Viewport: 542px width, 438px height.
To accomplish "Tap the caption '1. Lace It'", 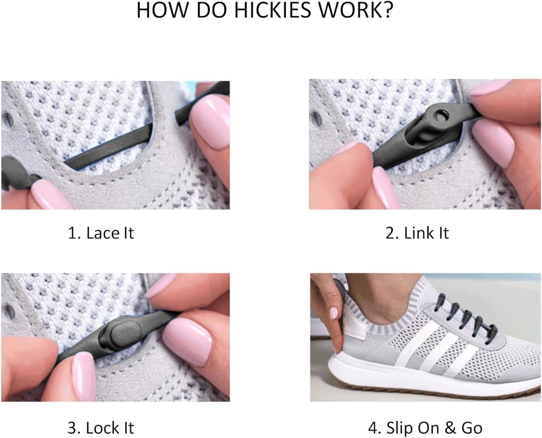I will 100,233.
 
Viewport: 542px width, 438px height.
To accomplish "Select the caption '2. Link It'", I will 417,233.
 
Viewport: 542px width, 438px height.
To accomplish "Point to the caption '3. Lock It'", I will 100,428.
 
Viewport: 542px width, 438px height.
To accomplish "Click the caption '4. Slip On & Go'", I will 425,428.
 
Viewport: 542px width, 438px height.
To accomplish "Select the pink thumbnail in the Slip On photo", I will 333,313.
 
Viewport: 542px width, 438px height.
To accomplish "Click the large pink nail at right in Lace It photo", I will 214,123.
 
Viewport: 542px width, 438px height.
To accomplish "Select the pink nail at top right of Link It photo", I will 491,87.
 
